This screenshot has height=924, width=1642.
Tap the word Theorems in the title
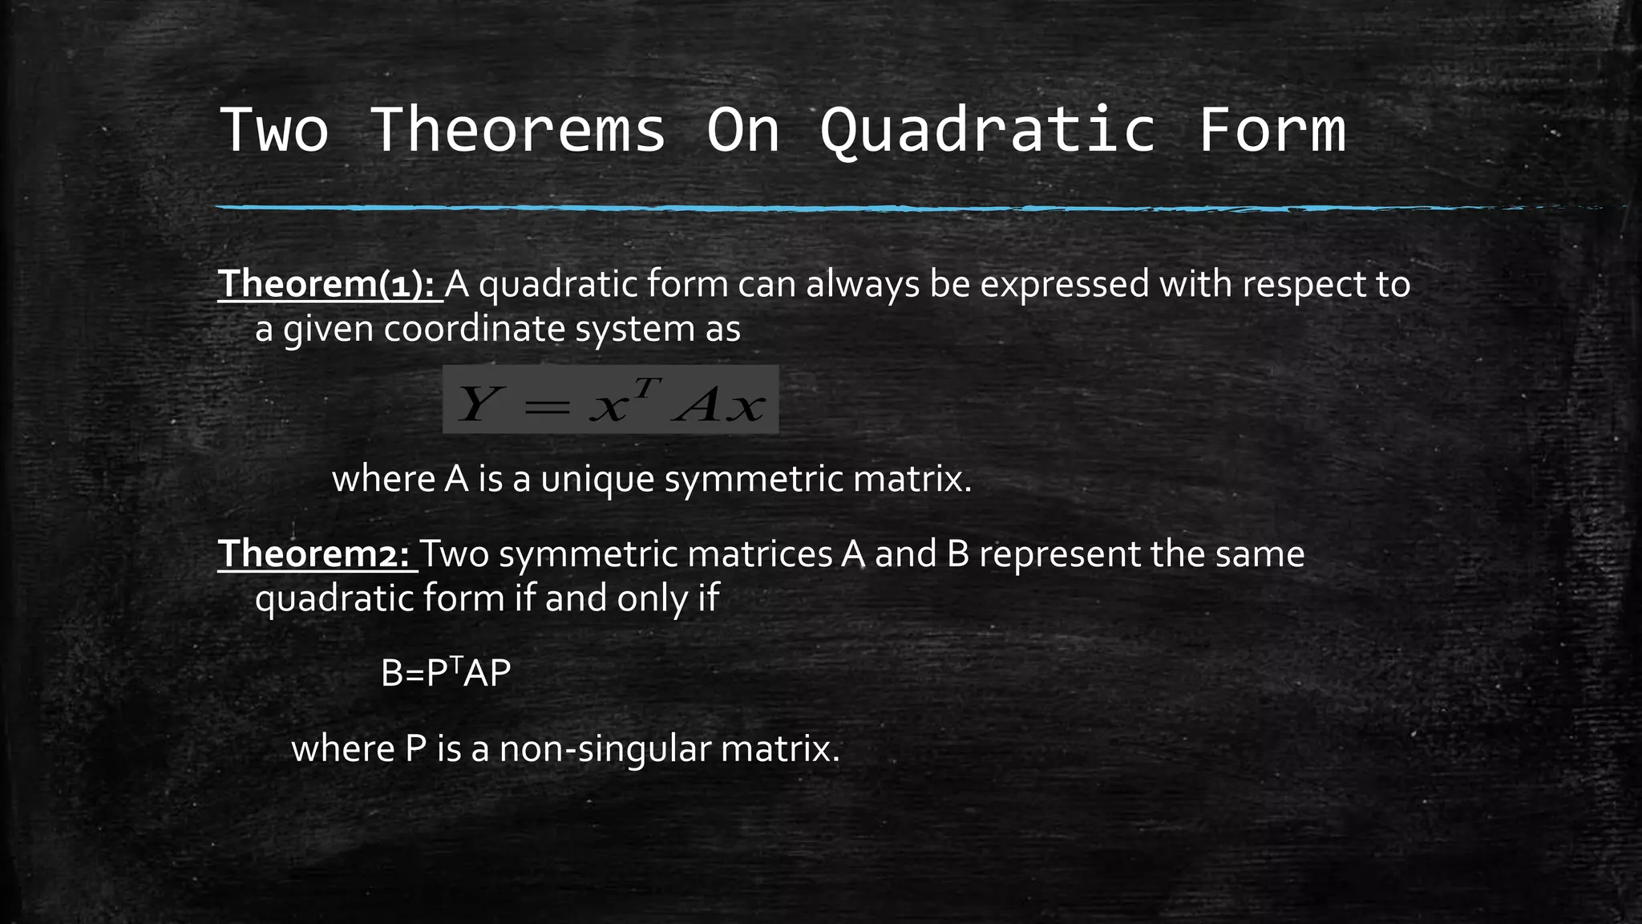518,130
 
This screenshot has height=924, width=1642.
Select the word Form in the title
1272,130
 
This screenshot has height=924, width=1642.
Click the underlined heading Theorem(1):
330,284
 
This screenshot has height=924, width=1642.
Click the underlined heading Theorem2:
317,554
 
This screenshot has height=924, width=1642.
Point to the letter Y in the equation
476,403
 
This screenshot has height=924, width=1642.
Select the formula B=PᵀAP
446,673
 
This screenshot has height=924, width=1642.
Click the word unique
597,480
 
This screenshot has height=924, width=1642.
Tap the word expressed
1064,284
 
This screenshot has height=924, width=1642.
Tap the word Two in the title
274,130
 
